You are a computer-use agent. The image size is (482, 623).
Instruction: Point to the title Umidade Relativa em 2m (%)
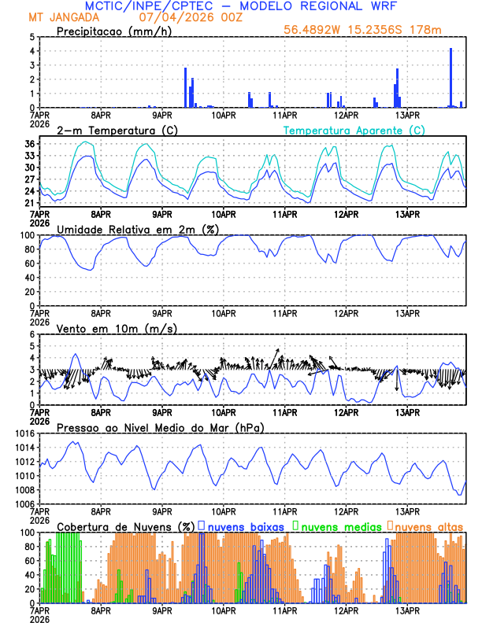(x=137, y=229)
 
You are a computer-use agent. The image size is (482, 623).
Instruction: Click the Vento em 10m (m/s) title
(x=117, y=328)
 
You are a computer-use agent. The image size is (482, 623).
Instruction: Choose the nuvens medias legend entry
(x=337, y=526)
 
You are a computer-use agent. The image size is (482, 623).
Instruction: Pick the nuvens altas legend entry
(x=428, y=526)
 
